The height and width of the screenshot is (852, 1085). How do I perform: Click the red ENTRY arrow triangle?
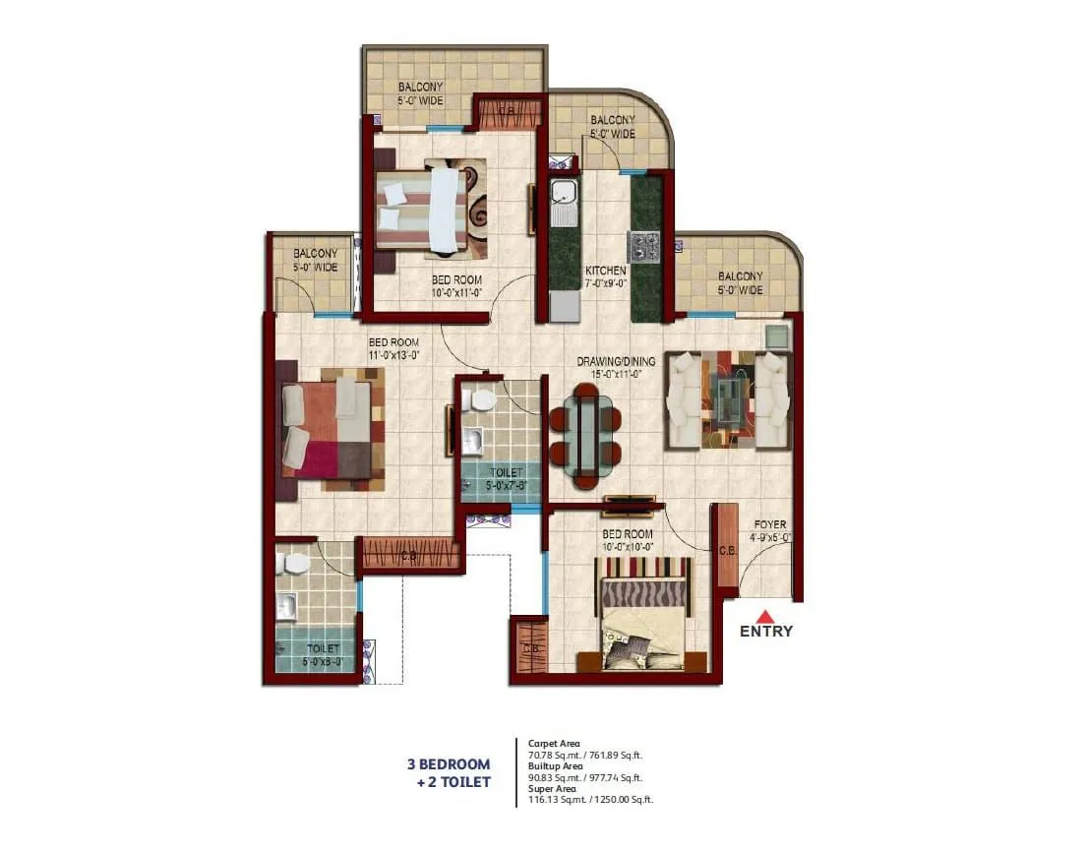point(766,615)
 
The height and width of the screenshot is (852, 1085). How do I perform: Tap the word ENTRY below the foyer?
point(766,632)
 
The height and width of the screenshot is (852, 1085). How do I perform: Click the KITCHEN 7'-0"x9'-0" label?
point(606,276)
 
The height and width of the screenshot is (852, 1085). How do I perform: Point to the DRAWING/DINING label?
point(616,367)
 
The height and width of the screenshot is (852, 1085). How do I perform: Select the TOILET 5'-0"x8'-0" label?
point(324,655)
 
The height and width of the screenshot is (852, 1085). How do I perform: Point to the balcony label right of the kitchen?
point(740,283)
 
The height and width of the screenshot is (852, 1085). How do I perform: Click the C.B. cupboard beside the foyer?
point(725,549)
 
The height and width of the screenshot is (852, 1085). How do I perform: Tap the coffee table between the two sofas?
point(728,399)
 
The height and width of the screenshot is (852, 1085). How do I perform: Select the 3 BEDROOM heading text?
point(449,764)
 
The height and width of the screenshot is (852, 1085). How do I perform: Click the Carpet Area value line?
point(585,755)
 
